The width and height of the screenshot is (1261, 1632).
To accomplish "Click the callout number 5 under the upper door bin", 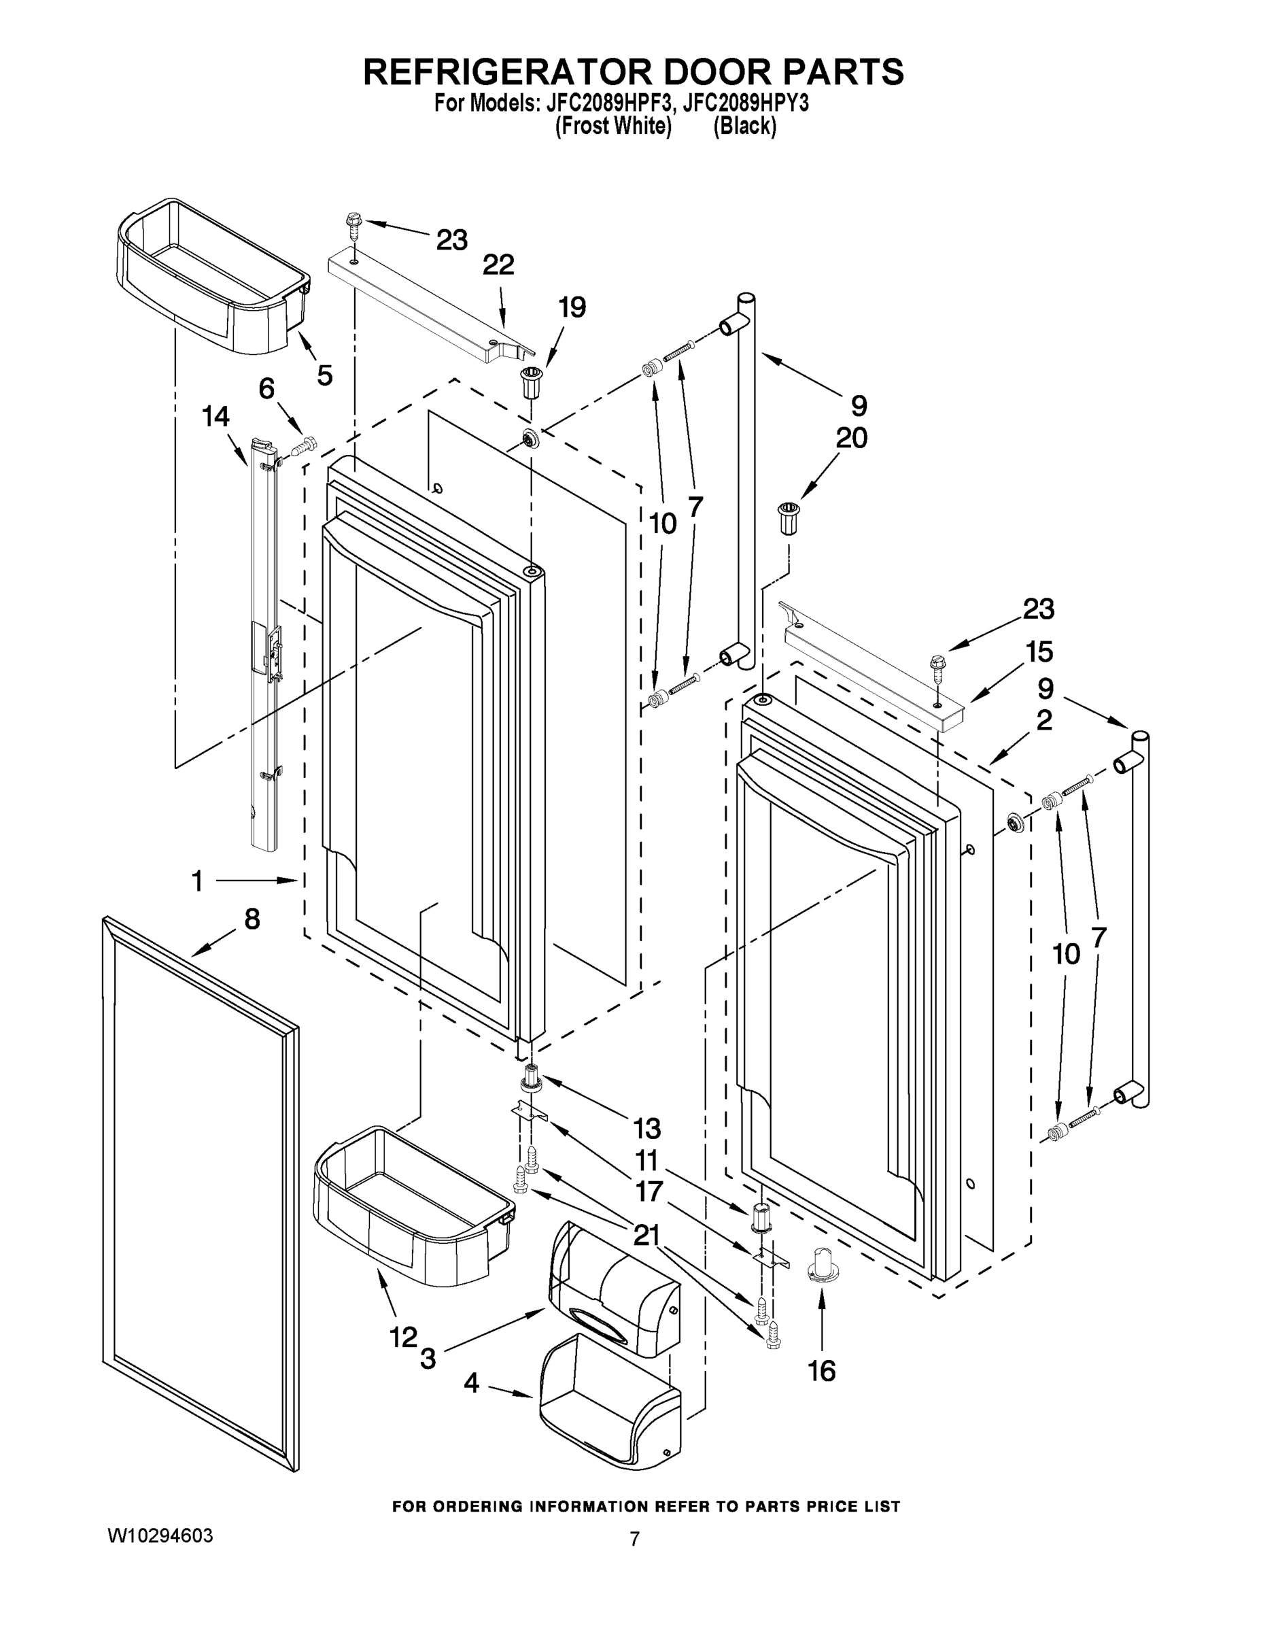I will (324, 375).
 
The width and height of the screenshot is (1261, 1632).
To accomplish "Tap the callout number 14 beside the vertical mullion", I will (216, 416).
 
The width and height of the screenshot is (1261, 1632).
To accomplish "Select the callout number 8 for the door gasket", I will (252, 919).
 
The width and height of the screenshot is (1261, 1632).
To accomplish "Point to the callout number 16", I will (822, 1370).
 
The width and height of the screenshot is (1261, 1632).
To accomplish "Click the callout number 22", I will (498, 265).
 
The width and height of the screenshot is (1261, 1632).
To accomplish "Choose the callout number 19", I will (572, 307).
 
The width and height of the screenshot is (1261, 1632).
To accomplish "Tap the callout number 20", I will (851, 437).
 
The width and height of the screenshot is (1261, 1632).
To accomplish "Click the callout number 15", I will (1039, 651).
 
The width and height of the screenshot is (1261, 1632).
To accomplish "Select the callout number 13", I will (647, 1127).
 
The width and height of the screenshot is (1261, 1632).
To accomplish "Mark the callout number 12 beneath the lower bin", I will (402, 1337).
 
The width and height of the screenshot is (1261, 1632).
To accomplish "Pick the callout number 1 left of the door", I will (197, 882).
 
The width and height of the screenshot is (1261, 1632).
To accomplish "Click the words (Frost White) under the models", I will (613, 126).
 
